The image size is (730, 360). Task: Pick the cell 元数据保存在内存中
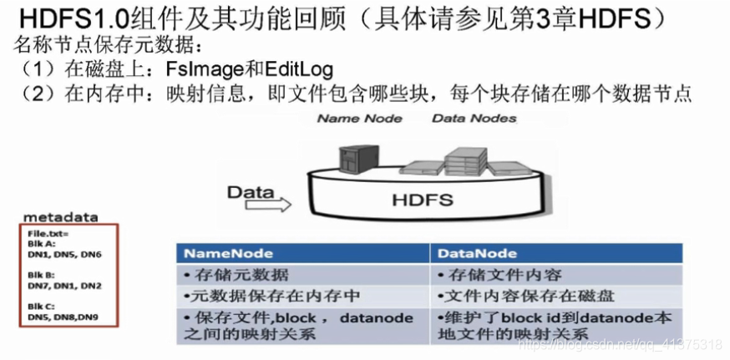249,296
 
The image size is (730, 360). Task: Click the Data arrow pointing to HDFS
259,199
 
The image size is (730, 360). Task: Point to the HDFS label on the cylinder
423,200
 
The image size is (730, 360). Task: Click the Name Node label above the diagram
359,119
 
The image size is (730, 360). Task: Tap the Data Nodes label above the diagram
474,119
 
